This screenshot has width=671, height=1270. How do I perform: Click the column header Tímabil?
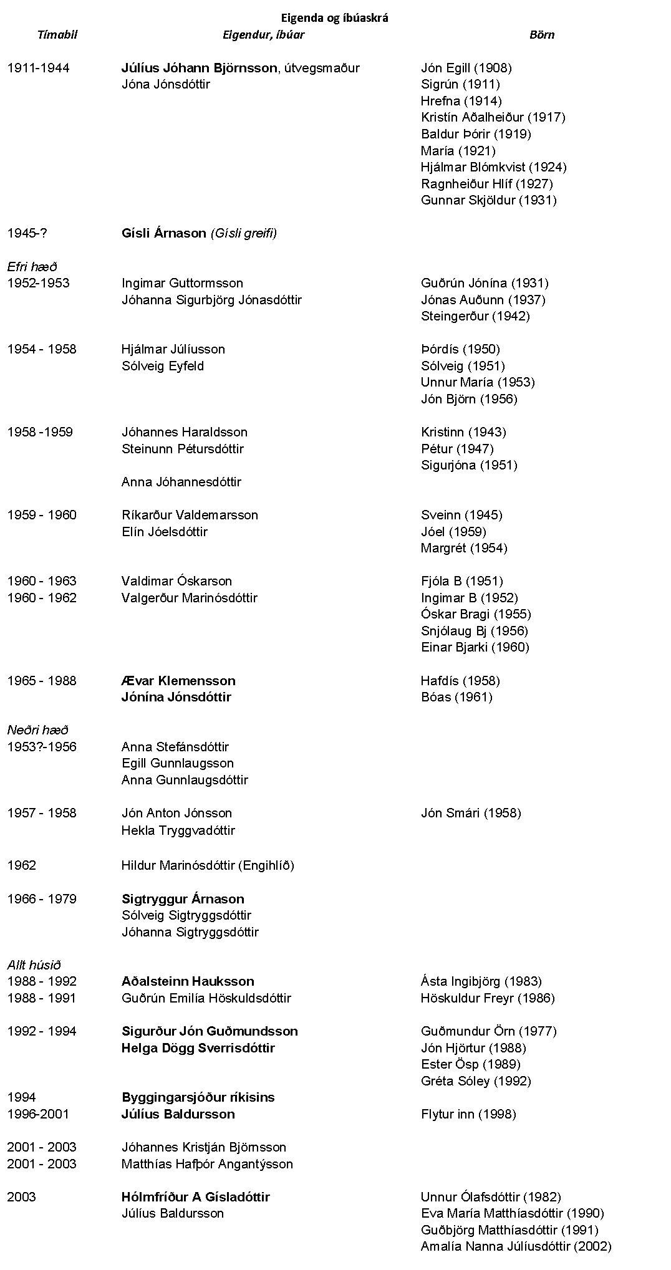(57, 35)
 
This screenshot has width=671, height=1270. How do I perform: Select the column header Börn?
(541, 35)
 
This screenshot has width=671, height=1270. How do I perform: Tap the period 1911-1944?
(38, 68)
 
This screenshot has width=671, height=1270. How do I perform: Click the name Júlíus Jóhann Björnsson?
(199, 68)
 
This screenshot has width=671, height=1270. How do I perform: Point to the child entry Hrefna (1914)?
(461, 101)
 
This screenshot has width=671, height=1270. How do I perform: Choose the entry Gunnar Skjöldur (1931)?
(488, 200)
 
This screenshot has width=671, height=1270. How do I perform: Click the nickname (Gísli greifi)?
(244, 233)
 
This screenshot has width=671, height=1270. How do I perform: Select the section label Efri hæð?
(32, 267)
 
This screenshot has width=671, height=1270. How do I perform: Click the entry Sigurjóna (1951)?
(469, 465)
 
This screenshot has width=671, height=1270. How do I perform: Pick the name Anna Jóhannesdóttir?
(181, 482)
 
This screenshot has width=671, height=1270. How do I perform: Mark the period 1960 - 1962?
(42, 598)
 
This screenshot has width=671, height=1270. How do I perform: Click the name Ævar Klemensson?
(178, 681)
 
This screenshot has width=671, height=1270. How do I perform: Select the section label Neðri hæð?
(37, 730)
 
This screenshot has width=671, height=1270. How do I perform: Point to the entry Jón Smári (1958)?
(471, 813)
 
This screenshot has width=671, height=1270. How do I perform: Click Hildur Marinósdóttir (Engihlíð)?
(208, 865)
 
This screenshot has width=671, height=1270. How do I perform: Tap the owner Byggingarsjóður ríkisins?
(198, 1097)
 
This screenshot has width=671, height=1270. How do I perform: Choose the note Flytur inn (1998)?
(468, 1114)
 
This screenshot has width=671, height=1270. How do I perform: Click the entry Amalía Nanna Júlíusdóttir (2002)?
(516, 1246)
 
